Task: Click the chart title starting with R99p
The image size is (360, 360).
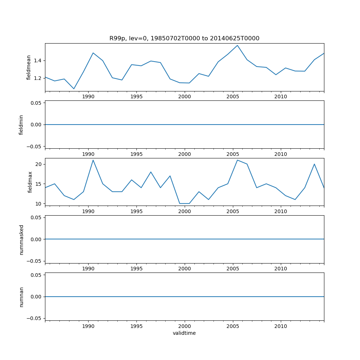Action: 184,39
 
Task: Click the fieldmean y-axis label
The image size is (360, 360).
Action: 28,67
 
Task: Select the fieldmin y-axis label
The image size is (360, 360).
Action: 21,125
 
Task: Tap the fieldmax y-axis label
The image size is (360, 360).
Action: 30,182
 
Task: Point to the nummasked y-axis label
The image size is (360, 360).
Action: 21,239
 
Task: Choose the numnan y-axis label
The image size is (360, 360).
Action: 21,297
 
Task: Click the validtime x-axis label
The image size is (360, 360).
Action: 184,333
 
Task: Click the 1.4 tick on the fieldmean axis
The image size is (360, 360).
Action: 37,60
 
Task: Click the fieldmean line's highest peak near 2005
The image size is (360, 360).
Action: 237,45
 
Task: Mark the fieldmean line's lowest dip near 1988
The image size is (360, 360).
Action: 74,89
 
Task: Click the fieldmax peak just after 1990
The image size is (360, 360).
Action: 93,160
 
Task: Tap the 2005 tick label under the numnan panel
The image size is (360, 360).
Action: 233,326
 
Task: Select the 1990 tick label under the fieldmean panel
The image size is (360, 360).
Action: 88,96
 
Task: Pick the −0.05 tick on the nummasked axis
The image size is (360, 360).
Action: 35,261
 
